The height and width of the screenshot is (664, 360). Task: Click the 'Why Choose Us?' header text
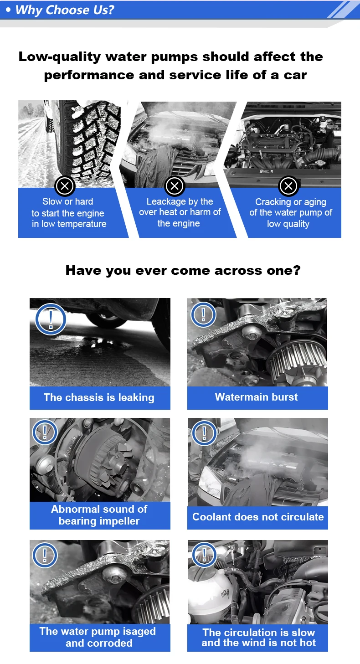coord(65,10)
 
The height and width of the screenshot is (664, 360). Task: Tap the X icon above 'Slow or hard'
coord(65,186)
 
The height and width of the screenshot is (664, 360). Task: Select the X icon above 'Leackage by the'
coord(175,186)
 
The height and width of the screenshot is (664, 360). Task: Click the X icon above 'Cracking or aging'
coord(288,186)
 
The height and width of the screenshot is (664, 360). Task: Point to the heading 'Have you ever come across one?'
coord(183,270)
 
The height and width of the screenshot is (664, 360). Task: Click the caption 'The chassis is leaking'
coord(99,397)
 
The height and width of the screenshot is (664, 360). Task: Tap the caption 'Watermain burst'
coord(256,397)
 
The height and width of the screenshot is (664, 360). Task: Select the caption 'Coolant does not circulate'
coord(258,517)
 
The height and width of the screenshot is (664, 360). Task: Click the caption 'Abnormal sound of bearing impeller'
coord(99,515)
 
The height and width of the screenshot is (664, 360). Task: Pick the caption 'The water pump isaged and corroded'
coord(98,637)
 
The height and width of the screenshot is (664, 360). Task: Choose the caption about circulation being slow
coord(258,637)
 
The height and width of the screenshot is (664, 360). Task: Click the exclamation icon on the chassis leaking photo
coord(51,319)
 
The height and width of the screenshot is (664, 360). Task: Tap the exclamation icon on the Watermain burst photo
coord(203,314)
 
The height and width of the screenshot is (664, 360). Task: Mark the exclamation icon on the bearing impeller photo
coord(45,432)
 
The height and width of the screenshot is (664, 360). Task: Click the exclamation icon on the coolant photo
coord(204,433)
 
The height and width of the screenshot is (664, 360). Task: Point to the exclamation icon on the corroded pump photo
coord(45,555)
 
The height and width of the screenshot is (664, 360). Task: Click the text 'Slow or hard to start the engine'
coord(68,207)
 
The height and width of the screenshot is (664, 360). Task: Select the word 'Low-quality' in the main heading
coord(60,57)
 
